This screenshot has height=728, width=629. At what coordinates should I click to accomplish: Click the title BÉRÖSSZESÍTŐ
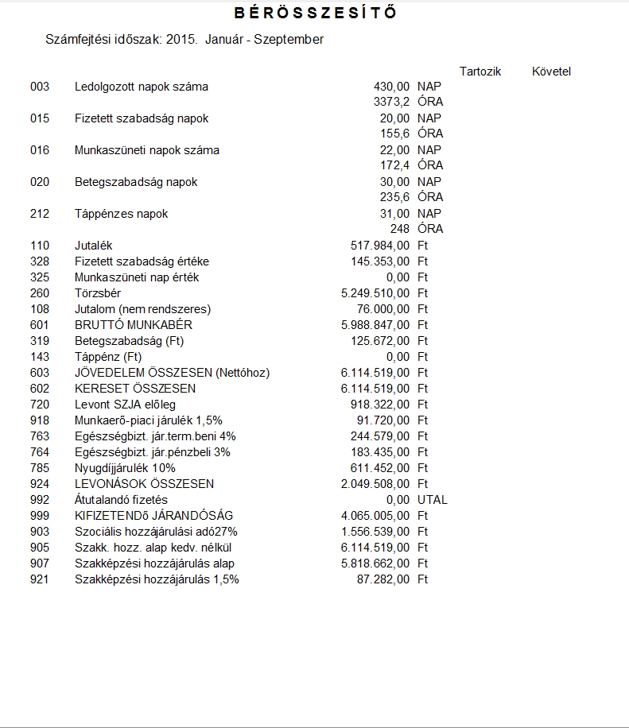[x=316, y=14]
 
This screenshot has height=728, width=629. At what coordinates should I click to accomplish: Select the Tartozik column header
[x=480, y=72]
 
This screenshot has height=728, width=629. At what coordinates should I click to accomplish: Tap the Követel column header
[x=551, y=72]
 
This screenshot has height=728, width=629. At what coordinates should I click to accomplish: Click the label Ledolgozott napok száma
[x=142, y=87]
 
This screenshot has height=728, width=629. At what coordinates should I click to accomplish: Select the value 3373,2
[x=391, y=103]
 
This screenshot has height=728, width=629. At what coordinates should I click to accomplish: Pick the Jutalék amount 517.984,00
[x=380, y=246]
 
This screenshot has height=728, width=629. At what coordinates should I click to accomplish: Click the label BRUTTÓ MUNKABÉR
[x=134, y=325]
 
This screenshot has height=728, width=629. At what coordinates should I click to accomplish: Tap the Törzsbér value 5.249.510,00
[x=375, y=293]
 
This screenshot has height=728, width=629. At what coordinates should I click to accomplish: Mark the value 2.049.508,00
[x=375, y=484]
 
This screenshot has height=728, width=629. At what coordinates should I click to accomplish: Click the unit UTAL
[x=433, y=500]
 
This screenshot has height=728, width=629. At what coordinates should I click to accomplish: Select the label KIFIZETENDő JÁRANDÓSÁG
[x=153, y=516]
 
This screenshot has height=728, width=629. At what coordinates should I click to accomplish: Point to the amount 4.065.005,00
[x=375, y=516]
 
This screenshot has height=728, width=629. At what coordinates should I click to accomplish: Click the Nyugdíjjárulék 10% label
[x=125, y=468]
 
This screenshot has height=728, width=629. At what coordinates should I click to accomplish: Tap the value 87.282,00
[x=383, y=579]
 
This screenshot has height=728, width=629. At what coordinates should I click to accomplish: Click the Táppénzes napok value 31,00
[x=395, y=214]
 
